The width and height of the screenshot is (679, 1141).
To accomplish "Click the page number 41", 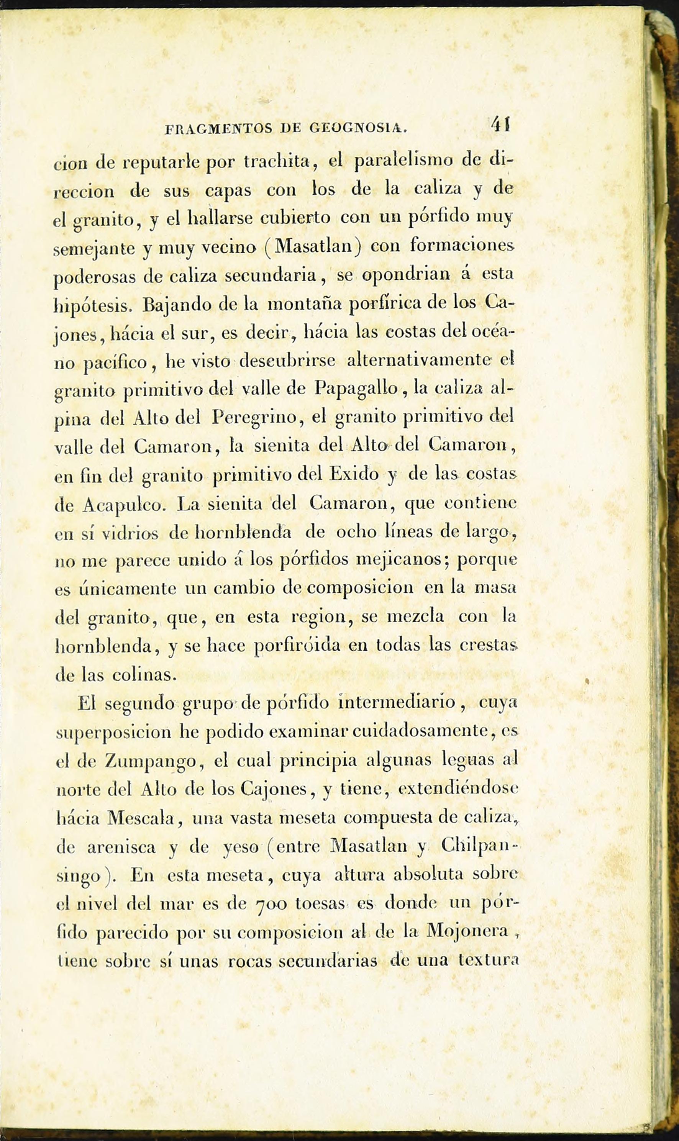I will pos(500,125).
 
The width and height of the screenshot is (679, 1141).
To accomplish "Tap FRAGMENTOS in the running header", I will pos(219,129).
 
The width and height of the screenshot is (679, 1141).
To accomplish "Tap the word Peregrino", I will pos(254,418).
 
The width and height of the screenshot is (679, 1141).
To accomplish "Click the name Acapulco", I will pos(122,504).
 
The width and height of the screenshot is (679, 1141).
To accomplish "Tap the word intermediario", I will pos(397,702).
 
